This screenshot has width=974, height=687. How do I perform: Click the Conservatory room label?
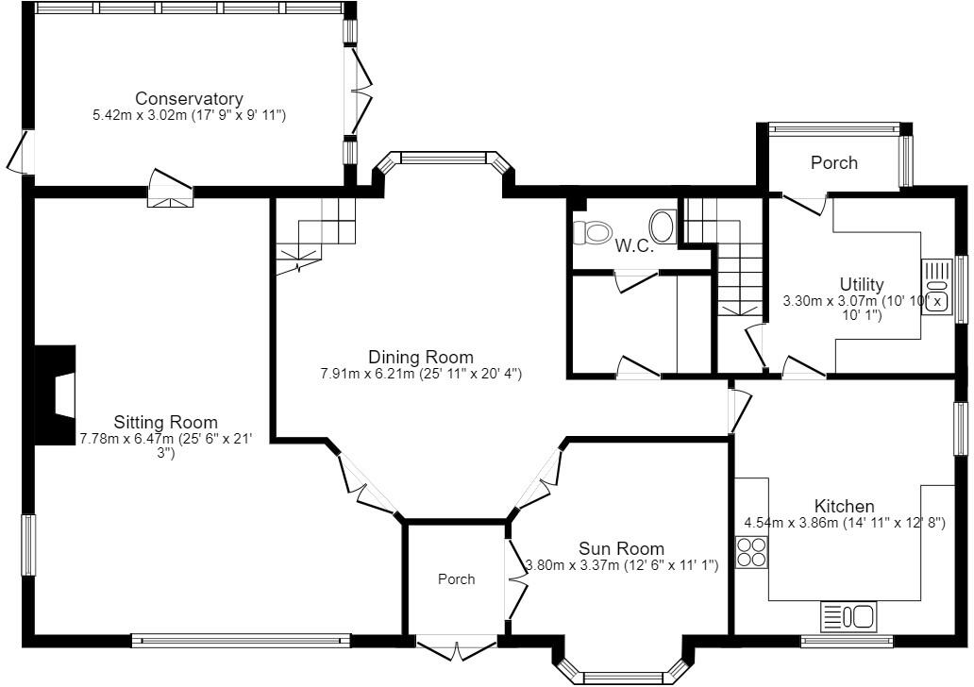[189, 98]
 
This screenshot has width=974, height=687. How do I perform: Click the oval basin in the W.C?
[663, 226]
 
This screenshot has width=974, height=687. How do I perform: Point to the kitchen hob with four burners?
[751, 550]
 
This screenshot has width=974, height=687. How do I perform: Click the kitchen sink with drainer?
[848, 616]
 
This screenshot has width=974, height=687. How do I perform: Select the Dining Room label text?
[420, 357]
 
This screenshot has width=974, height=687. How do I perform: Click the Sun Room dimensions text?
[622, 565]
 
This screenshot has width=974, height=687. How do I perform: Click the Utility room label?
[862, 284]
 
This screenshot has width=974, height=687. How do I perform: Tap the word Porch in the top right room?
[834, 162]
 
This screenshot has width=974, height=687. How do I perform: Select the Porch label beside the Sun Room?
[456, 579]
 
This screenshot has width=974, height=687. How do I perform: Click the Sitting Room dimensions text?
[166, 439]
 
